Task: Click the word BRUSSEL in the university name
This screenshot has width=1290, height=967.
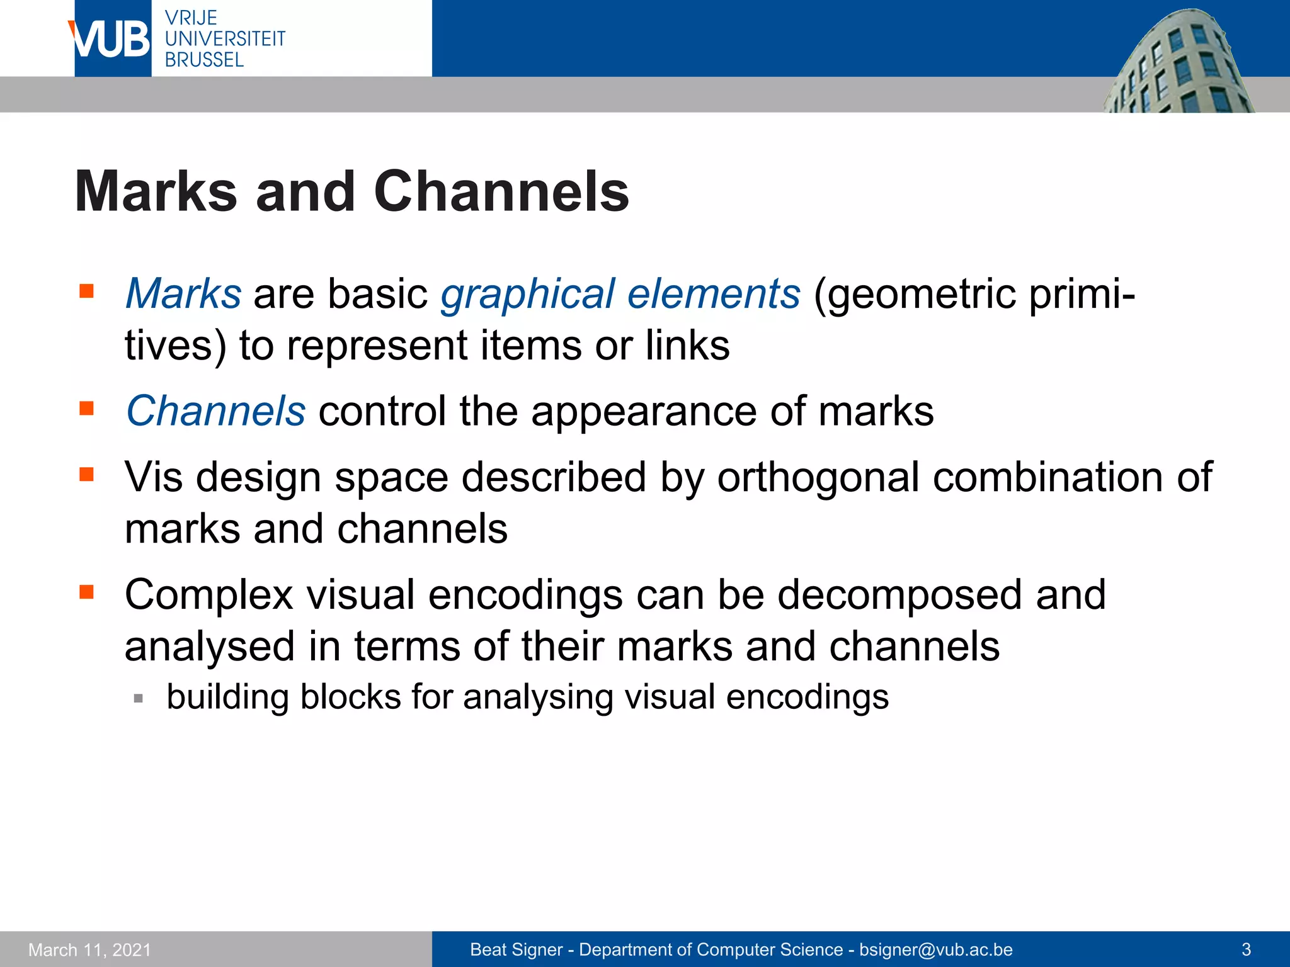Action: (204, 60)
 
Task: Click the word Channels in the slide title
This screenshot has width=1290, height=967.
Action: (501, 191)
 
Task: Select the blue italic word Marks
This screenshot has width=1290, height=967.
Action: (183, 294)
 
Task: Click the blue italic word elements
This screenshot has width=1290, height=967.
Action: (714, 294)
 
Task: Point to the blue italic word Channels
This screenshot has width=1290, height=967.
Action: (216, 411)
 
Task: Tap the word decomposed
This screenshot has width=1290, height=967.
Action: (899, 595)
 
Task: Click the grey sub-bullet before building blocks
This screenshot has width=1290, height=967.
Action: (139, 698)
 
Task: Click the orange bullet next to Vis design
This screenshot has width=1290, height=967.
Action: (87, 473)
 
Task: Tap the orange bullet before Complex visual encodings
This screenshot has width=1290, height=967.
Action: (87, 592)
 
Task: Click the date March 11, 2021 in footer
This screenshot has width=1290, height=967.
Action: (90, 950)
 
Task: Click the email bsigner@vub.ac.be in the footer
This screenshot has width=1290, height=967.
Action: (936, 950)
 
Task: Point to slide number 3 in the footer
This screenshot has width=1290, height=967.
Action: (1246, 950)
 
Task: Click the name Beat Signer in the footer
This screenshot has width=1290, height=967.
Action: (516, 950)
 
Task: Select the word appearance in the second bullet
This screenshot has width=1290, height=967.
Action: (644, 412)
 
